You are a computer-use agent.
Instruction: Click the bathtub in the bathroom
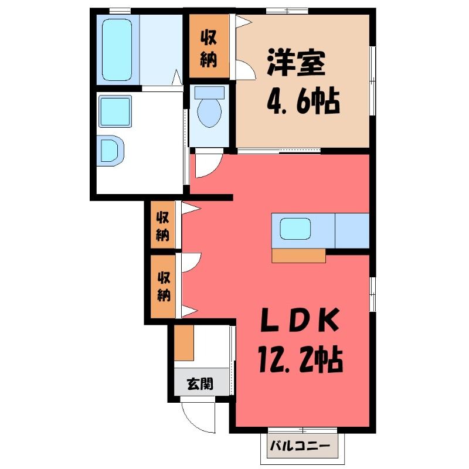[x=117, y=50]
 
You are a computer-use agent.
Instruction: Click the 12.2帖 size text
[x=300, y=358]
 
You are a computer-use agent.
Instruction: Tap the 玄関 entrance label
[x=200, y=383]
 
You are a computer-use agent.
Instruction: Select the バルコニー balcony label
[x=300, y=446]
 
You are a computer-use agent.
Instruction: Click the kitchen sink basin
[x=295, y=229]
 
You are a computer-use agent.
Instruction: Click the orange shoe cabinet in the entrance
[x=184, y=342]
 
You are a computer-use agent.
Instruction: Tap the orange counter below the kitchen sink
[x=298, y=256]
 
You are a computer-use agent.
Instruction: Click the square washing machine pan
[x=115, y=111]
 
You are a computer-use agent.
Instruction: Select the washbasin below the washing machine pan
[x=111, y=151]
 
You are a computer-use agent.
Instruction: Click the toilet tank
[x=209, y=93]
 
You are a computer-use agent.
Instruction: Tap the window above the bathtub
[x=120, y=11]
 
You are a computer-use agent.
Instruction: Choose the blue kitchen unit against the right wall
[x=352, y=230]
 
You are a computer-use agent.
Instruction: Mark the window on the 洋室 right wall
[x=372, y=81]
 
